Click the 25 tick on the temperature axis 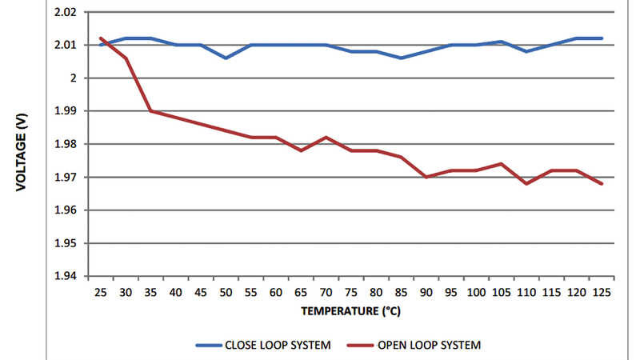pyautogui.click(x=101, y=293)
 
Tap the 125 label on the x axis pyautogui.click(x=601, y=293)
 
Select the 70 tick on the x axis pyautogui.click(x=326, y=293)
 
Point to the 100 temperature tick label pyautogui.click(x=476, y=293)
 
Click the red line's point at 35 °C pyautogui.click(x=150, y=110)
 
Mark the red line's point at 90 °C pyautogui.click(x=426, y=177)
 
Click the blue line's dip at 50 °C pyautogui.click(x=226, y=58)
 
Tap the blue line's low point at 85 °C pyautogui.click(x=401, y=58)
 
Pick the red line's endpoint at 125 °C pyautogui.click(x=601, y=184)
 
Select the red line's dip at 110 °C pyautogui.click(x=526, y=183)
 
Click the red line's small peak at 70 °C pyautogui.click(x=326, y=137)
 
